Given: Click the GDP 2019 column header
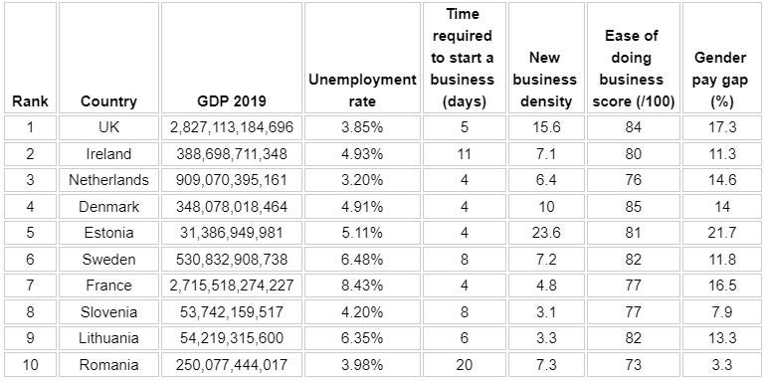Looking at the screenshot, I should [232, 101].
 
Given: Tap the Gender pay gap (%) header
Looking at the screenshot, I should [721, 80].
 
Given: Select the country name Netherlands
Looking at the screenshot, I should [108, 180].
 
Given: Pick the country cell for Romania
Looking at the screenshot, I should [108, 365].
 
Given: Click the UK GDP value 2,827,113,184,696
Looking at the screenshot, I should [232, 127].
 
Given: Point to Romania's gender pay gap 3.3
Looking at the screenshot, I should [721, 365].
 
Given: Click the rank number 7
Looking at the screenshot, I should [30, 285].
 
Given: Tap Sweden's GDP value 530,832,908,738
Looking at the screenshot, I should [232, 259].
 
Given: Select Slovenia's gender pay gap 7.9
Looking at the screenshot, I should [721, 311].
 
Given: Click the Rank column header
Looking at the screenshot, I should [30, 101].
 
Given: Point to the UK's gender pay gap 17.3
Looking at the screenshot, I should [721, 127].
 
